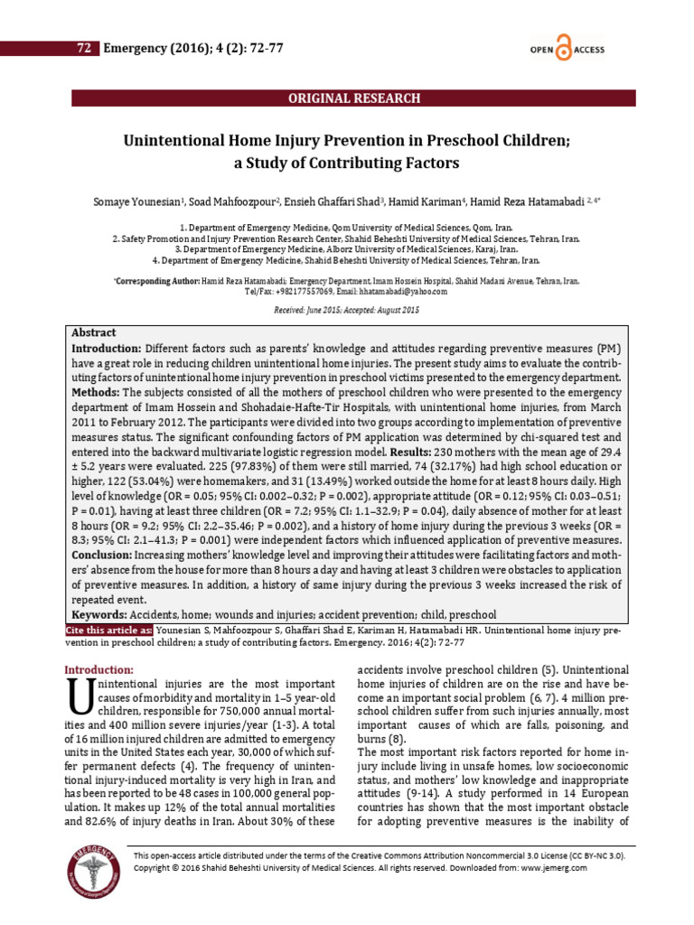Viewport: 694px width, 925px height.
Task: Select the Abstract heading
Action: tap(93, 333)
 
